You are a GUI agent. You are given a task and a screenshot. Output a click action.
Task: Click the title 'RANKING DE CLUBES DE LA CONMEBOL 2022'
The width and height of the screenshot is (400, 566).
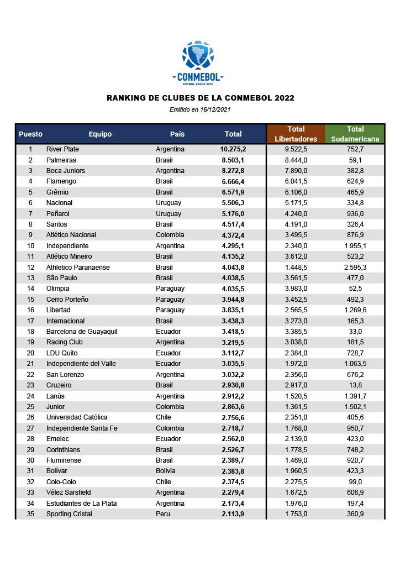point(200,98)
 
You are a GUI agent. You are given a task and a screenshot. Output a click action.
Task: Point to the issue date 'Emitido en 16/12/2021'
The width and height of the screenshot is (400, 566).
point(200,109)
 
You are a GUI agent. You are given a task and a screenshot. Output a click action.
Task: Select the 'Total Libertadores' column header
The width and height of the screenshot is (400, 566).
point(296,134)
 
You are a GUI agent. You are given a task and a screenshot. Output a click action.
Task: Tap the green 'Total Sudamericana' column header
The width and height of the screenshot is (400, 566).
point(355,134)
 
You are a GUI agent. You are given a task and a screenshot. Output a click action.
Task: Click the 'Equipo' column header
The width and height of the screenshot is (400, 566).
point(100,134)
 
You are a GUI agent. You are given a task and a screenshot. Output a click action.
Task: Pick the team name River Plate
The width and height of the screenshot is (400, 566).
point(62,149)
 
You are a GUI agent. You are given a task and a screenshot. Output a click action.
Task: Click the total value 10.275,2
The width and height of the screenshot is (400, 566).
point(233,149)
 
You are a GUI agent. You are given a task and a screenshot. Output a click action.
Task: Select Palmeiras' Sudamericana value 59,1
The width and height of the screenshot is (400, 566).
point(355,160)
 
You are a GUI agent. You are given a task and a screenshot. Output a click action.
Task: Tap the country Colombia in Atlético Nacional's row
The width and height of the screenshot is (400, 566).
point(170,235)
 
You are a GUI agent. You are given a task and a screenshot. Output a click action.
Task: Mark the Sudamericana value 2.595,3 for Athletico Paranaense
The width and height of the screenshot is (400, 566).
point(355,267)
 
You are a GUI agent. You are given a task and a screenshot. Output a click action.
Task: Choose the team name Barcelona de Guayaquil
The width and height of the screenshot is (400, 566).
point(81,332)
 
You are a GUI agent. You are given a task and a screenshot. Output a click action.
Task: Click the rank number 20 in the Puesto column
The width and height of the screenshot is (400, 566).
point(30,353)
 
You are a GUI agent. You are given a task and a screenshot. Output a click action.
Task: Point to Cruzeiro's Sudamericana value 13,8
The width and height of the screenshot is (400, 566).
point(355,385)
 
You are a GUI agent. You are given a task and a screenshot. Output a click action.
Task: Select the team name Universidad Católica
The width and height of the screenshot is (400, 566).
point(77,417)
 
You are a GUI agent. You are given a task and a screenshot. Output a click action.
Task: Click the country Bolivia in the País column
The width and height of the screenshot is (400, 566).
point(166,471)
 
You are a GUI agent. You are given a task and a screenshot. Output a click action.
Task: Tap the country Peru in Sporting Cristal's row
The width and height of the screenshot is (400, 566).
point(163,514)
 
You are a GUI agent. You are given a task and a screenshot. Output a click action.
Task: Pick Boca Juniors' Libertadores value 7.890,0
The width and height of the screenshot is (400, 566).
point(296,171)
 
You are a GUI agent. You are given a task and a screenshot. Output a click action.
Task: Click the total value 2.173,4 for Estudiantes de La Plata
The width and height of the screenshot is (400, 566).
point(233,503)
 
